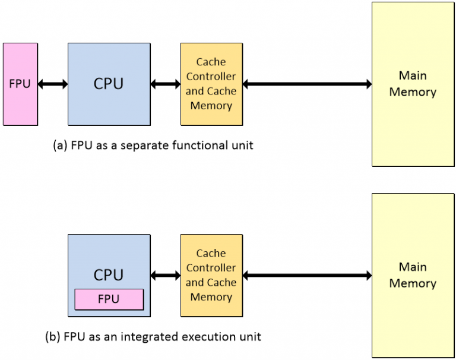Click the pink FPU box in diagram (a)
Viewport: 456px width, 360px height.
[x=20, y=84]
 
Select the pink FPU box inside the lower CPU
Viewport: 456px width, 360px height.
[x=109, y=299]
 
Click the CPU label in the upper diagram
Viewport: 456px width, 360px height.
[x=109, y=84]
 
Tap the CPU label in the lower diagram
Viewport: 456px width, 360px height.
[x=109, y=275]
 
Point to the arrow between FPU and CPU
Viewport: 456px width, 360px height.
[x=53, y=84]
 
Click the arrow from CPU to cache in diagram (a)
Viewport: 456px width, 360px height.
[x=165, y=84]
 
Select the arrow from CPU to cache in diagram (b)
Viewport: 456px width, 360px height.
[x=165, y=276]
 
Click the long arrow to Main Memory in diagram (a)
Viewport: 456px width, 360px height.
[x=307, y=84]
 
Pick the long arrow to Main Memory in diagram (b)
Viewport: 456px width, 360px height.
[x=307, y=276]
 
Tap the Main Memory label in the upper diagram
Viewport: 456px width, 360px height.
[x=413, y=84]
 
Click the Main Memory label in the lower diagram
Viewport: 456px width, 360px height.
[x=413, y=275]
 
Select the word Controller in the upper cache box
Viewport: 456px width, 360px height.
[x=211, y=77]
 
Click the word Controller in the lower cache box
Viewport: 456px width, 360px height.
[x=211, y=268]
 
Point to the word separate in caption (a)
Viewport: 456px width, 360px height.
[x=142, y=145]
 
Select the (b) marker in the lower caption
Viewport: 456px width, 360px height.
[x=53, y=337]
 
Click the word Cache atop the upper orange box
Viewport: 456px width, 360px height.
[x=211, y=62]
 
